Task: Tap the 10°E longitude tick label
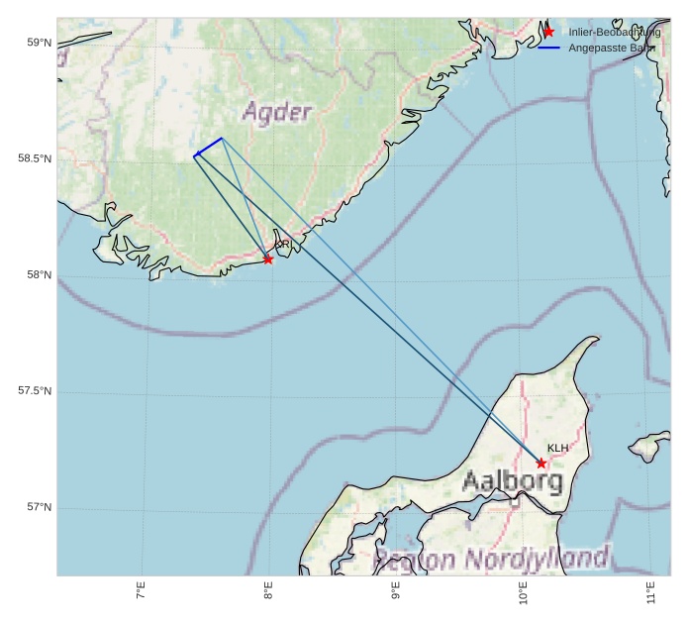coord(523,594)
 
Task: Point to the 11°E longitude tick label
coord(650,594)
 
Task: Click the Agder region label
coord(277,111)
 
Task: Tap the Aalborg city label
coord(513,482)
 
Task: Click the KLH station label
coord(558,448)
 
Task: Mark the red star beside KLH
coord(541,463)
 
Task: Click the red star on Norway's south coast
coord(268,260)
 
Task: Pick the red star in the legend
coord(548,33)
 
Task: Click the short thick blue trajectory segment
coord(208,147)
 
